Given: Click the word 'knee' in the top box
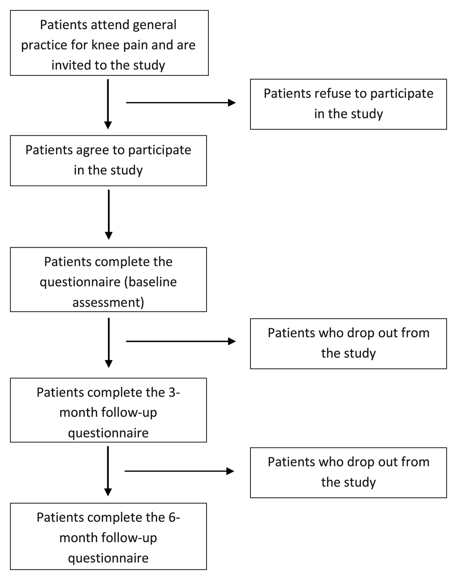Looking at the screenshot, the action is coord(105,45).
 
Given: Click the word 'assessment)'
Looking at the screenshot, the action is coord(108,303).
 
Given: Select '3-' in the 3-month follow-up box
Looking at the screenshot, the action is coord(174,392).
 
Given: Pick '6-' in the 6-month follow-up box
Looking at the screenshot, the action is coord(174,517).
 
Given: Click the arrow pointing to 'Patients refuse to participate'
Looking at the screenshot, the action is coord(181,103).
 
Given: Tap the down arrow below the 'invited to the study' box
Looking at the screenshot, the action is coord(108,104).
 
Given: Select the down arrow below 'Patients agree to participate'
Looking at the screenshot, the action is coord(109,214).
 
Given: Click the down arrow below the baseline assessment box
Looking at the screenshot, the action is coord(109,343).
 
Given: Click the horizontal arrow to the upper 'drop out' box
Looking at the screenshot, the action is coord(181,341).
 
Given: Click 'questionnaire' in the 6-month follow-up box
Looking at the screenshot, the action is coord(108,559).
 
